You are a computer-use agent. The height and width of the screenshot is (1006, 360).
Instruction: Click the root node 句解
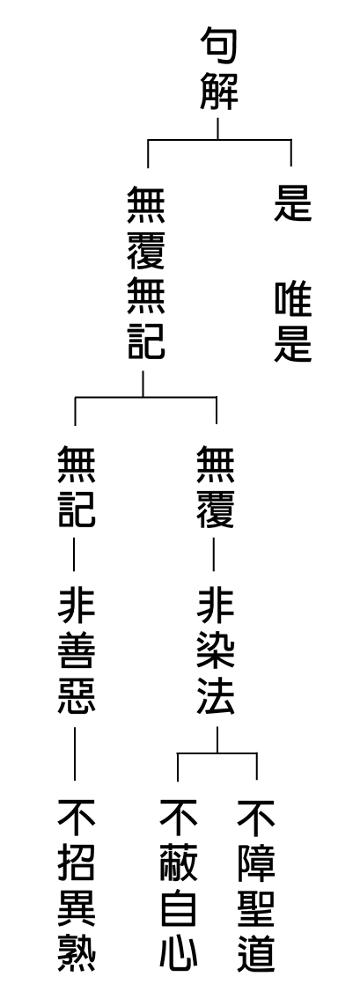click(x=218, y=70)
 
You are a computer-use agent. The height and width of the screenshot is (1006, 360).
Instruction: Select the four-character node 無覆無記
click(x=146, y=273)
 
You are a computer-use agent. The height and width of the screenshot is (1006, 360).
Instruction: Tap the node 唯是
click(x=292, y=323)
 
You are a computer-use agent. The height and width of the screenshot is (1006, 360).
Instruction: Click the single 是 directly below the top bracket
click(x=292, y=202)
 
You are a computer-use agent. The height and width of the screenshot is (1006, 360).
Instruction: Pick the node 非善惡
click(x=77, y=652)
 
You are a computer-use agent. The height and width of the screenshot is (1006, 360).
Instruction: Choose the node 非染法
click(x=216, y=652)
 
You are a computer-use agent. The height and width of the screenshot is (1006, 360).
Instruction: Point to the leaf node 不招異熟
click(x=77, y=885)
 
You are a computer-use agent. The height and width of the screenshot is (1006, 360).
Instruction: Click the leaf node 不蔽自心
click(x=178, y=885)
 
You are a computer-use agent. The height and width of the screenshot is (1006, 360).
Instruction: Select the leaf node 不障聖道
click(x=256, y=885)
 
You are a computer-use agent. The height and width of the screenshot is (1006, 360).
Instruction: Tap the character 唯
click(x=292, y=302)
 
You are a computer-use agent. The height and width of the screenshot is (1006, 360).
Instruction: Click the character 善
click(x=77, y=652)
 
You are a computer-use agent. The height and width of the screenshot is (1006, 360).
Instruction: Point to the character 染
click(x=216, y=652)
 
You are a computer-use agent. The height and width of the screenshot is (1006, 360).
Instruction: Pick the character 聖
click(x=256, y=907)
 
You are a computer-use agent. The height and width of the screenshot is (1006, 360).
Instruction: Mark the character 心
click(x=178, y=951)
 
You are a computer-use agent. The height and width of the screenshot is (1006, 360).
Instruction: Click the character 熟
click(x=77, y=951)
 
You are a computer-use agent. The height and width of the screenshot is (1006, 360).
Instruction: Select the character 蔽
click(x=178, y=863)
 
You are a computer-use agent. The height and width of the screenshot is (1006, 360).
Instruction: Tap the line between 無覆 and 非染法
click(x=213, y=555)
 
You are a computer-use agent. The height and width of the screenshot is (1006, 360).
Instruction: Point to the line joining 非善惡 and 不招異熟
click(x=75, y=753)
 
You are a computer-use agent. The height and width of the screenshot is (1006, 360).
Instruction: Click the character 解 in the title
click(x=218, y=92)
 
